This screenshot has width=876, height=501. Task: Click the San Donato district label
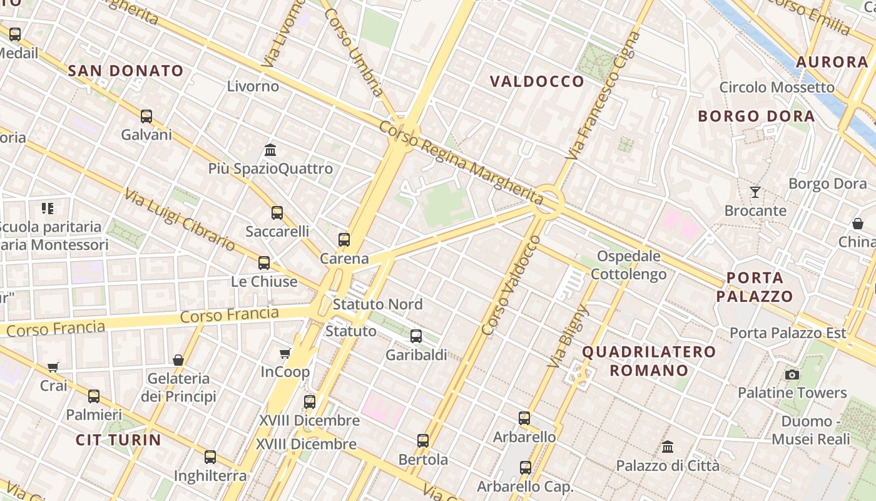click(125, 71)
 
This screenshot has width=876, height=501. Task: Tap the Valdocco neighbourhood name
click(537, 81)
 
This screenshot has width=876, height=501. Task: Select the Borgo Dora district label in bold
click(756, 116)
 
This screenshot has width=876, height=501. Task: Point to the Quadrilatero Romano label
click(649, 361)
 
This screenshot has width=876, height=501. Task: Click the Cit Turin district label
click(118, 440)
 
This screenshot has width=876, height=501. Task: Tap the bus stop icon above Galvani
click(146, 116)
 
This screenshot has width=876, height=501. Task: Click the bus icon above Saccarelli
click(277, 213)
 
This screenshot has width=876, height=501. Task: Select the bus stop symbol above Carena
click(344, 239)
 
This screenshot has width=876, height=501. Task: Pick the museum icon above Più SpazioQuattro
click(270, 150)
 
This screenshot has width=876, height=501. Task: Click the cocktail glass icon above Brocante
click(755, 192)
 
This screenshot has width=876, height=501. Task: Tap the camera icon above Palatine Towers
click(792, 374)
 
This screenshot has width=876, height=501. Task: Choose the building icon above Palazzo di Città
click(668, 447)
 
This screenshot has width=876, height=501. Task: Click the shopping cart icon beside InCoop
click(285, 354)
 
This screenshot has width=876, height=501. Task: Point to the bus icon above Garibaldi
click(416, 336)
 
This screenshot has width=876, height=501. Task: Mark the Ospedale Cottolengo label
click(628, 265)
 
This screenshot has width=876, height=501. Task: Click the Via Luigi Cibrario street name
click(180, 220)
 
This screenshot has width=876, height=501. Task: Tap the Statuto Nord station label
click(377, 304)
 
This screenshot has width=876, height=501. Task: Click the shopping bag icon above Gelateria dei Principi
click(178, 360)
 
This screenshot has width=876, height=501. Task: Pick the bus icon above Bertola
click(423, 441)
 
